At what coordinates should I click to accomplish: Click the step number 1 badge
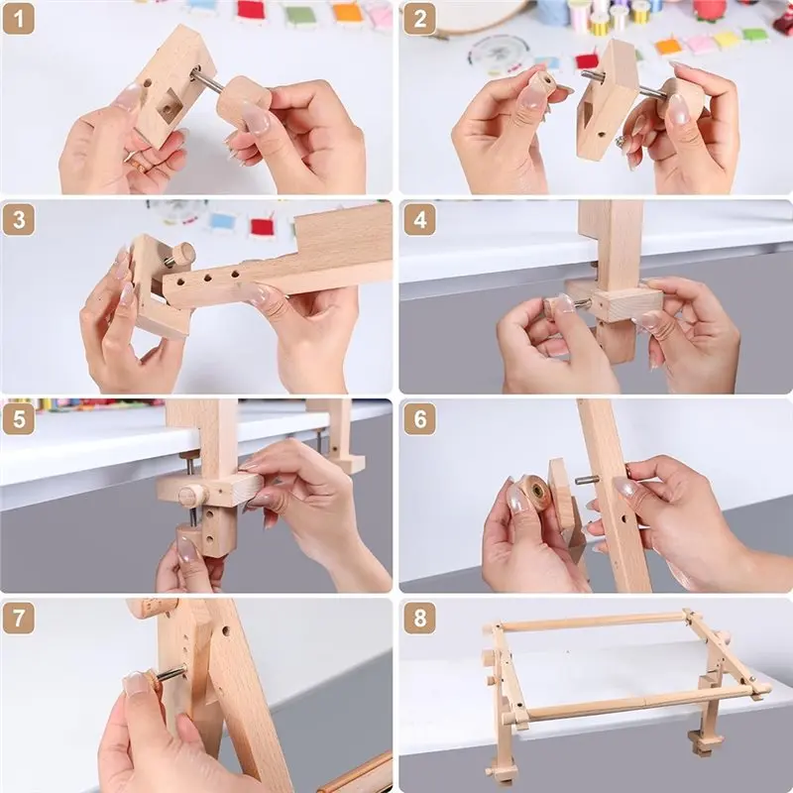click(18, 19)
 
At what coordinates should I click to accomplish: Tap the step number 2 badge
click(419, 19)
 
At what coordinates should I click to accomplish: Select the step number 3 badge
click(18, 219)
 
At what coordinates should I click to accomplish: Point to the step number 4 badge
click(419, 219)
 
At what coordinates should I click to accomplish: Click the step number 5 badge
click(18, 418)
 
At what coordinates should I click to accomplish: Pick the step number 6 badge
click(419, 418)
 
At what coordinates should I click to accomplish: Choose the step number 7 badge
click(18, 618)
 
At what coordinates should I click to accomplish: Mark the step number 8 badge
click(419, 618)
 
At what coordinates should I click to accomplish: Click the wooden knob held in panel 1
click(243, 105)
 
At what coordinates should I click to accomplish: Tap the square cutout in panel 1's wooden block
click(170, 106)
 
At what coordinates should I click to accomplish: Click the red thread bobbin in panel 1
click(252, 10)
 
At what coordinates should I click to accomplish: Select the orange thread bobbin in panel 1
click(349, 12)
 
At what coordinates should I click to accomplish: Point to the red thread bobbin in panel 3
click(262, 227)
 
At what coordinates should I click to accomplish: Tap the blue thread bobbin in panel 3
click(222, 221)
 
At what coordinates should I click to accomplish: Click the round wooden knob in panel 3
click(183, 254)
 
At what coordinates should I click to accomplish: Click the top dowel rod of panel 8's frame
click(592, 622)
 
